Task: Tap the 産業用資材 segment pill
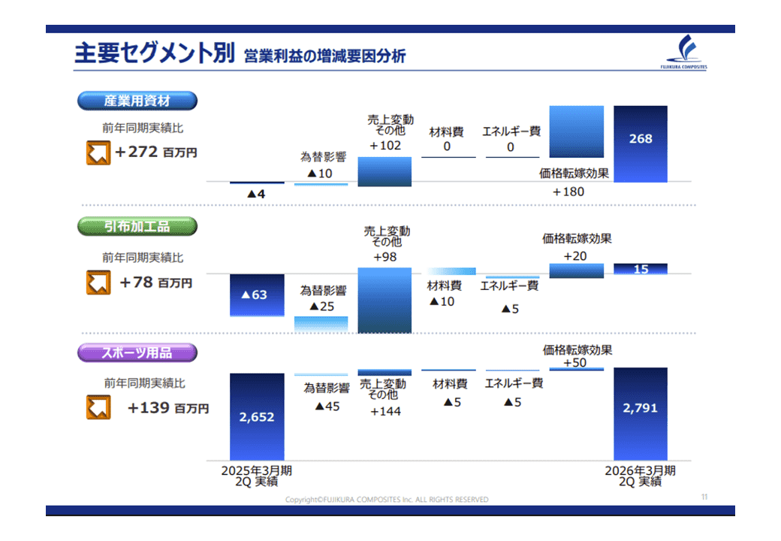[137, 101]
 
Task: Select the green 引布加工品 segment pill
[137, 226]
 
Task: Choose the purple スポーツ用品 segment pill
[137, 352]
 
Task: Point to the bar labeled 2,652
[257, 416]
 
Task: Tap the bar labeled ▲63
[257, 295]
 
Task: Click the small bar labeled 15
[641, 269]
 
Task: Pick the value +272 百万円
[156, 152]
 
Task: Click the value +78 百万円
[156, 283]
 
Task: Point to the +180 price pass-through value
[568, 192]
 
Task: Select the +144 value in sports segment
[385, 411]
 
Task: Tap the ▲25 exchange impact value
[323, 307]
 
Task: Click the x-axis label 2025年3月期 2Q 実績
[256, 475]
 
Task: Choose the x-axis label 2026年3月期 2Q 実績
[641, 475]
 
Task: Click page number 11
[704, 497]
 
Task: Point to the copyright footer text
[387, 499]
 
